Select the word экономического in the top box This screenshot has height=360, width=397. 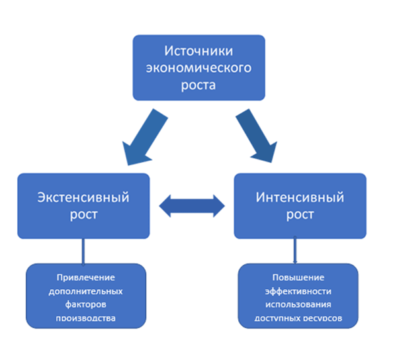(x=198, y=68)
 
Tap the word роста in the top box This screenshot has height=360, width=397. (x=198, y=85)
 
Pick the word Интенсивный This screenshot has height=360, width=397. (x=299, y=197)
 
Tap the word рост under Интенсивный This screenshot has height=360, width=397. (x=299, y=214)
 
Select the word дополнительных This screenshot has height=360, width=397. (x=86, y=291)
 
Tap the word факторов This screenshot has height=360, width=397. (x=86, y=304)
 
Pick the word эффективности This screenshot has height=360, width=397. (x=298, y=291)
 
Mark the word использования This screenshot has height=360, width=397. (x=298, y=304)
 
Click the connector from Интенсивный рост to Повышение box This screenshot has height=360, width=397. (x=295, y=251)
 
